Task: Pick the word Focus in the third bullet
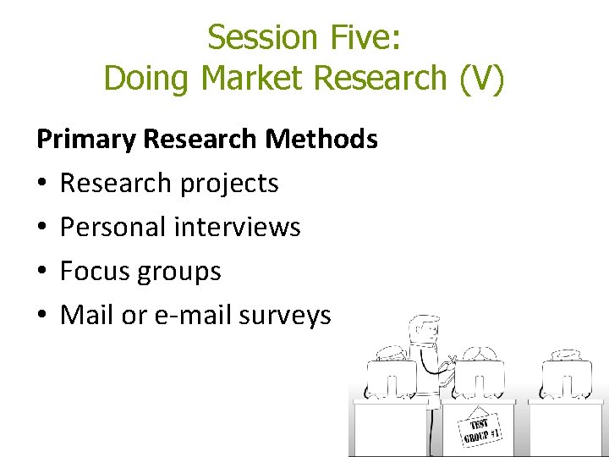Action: [95, 272]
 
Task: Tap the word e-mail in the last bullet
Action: [194, 316]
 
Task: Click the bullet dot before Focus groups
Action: [42, 272]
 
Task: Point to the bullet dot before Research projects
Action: [42, 184]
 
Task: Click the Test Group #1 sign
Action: [480, 427]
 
